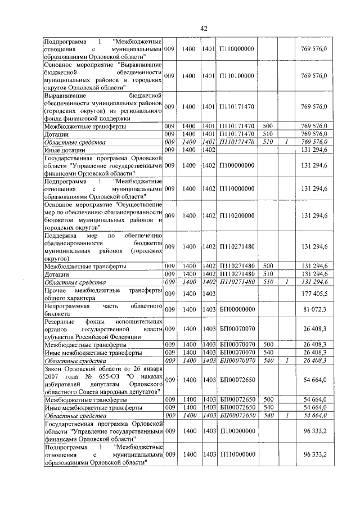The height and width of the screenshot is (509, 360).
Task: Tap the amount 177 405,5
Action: [315, 293]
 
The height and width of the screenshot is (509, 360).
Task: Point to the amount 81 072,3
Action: [315, 309]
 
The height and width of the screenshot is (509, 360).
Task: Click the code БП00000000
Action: [237, 309]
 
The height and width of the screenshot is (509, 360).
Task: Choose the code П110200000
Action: [237, 215]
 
